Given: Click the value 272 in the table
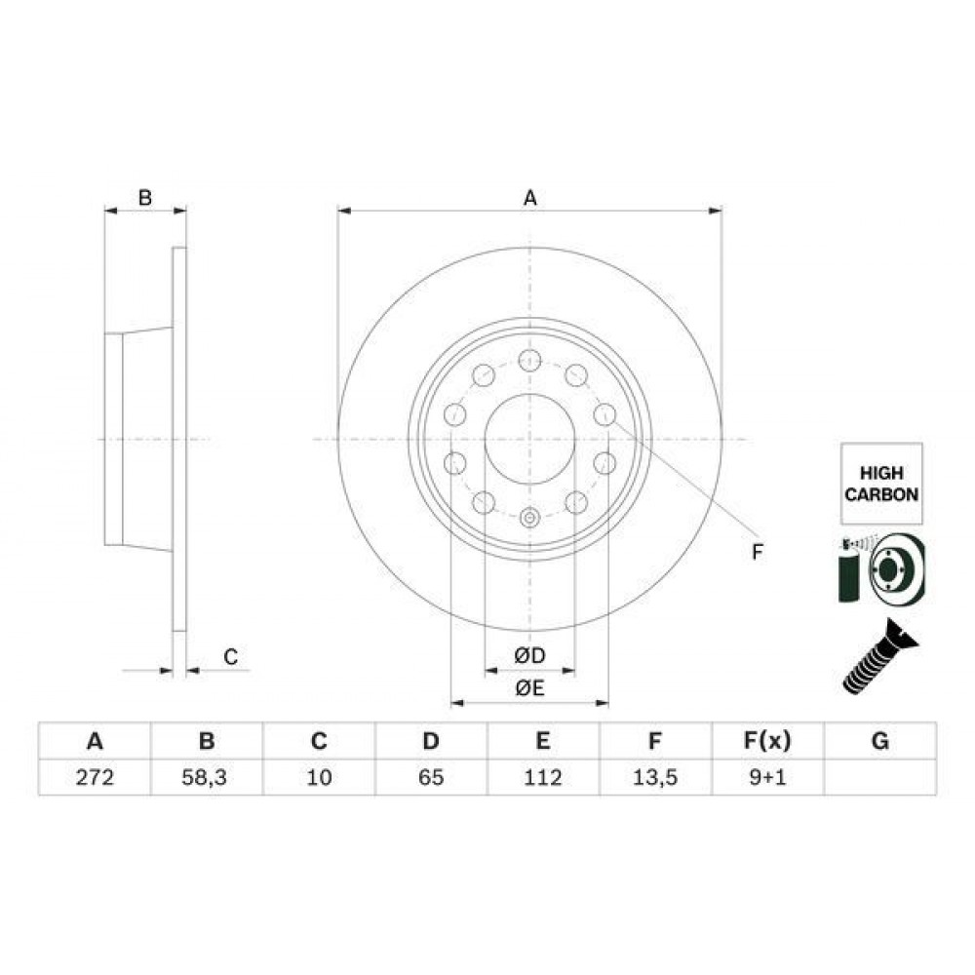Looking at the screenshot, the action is click(95, 777).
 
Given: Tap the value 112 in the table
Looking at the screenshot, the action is click(543, 777).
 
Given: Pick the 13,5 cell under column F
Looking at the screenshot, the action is click(655, 777).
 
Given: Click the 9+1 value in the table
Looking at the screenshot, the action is click(767, 777).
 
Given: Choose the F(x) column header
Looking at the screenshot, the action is click(767, 741).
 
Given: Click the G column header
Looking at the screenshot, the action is click(879, 741).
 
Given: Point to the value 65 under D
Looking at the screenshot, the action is click(431, 777).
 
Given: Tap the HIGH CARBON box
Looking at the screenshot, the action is click(881, 484).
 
